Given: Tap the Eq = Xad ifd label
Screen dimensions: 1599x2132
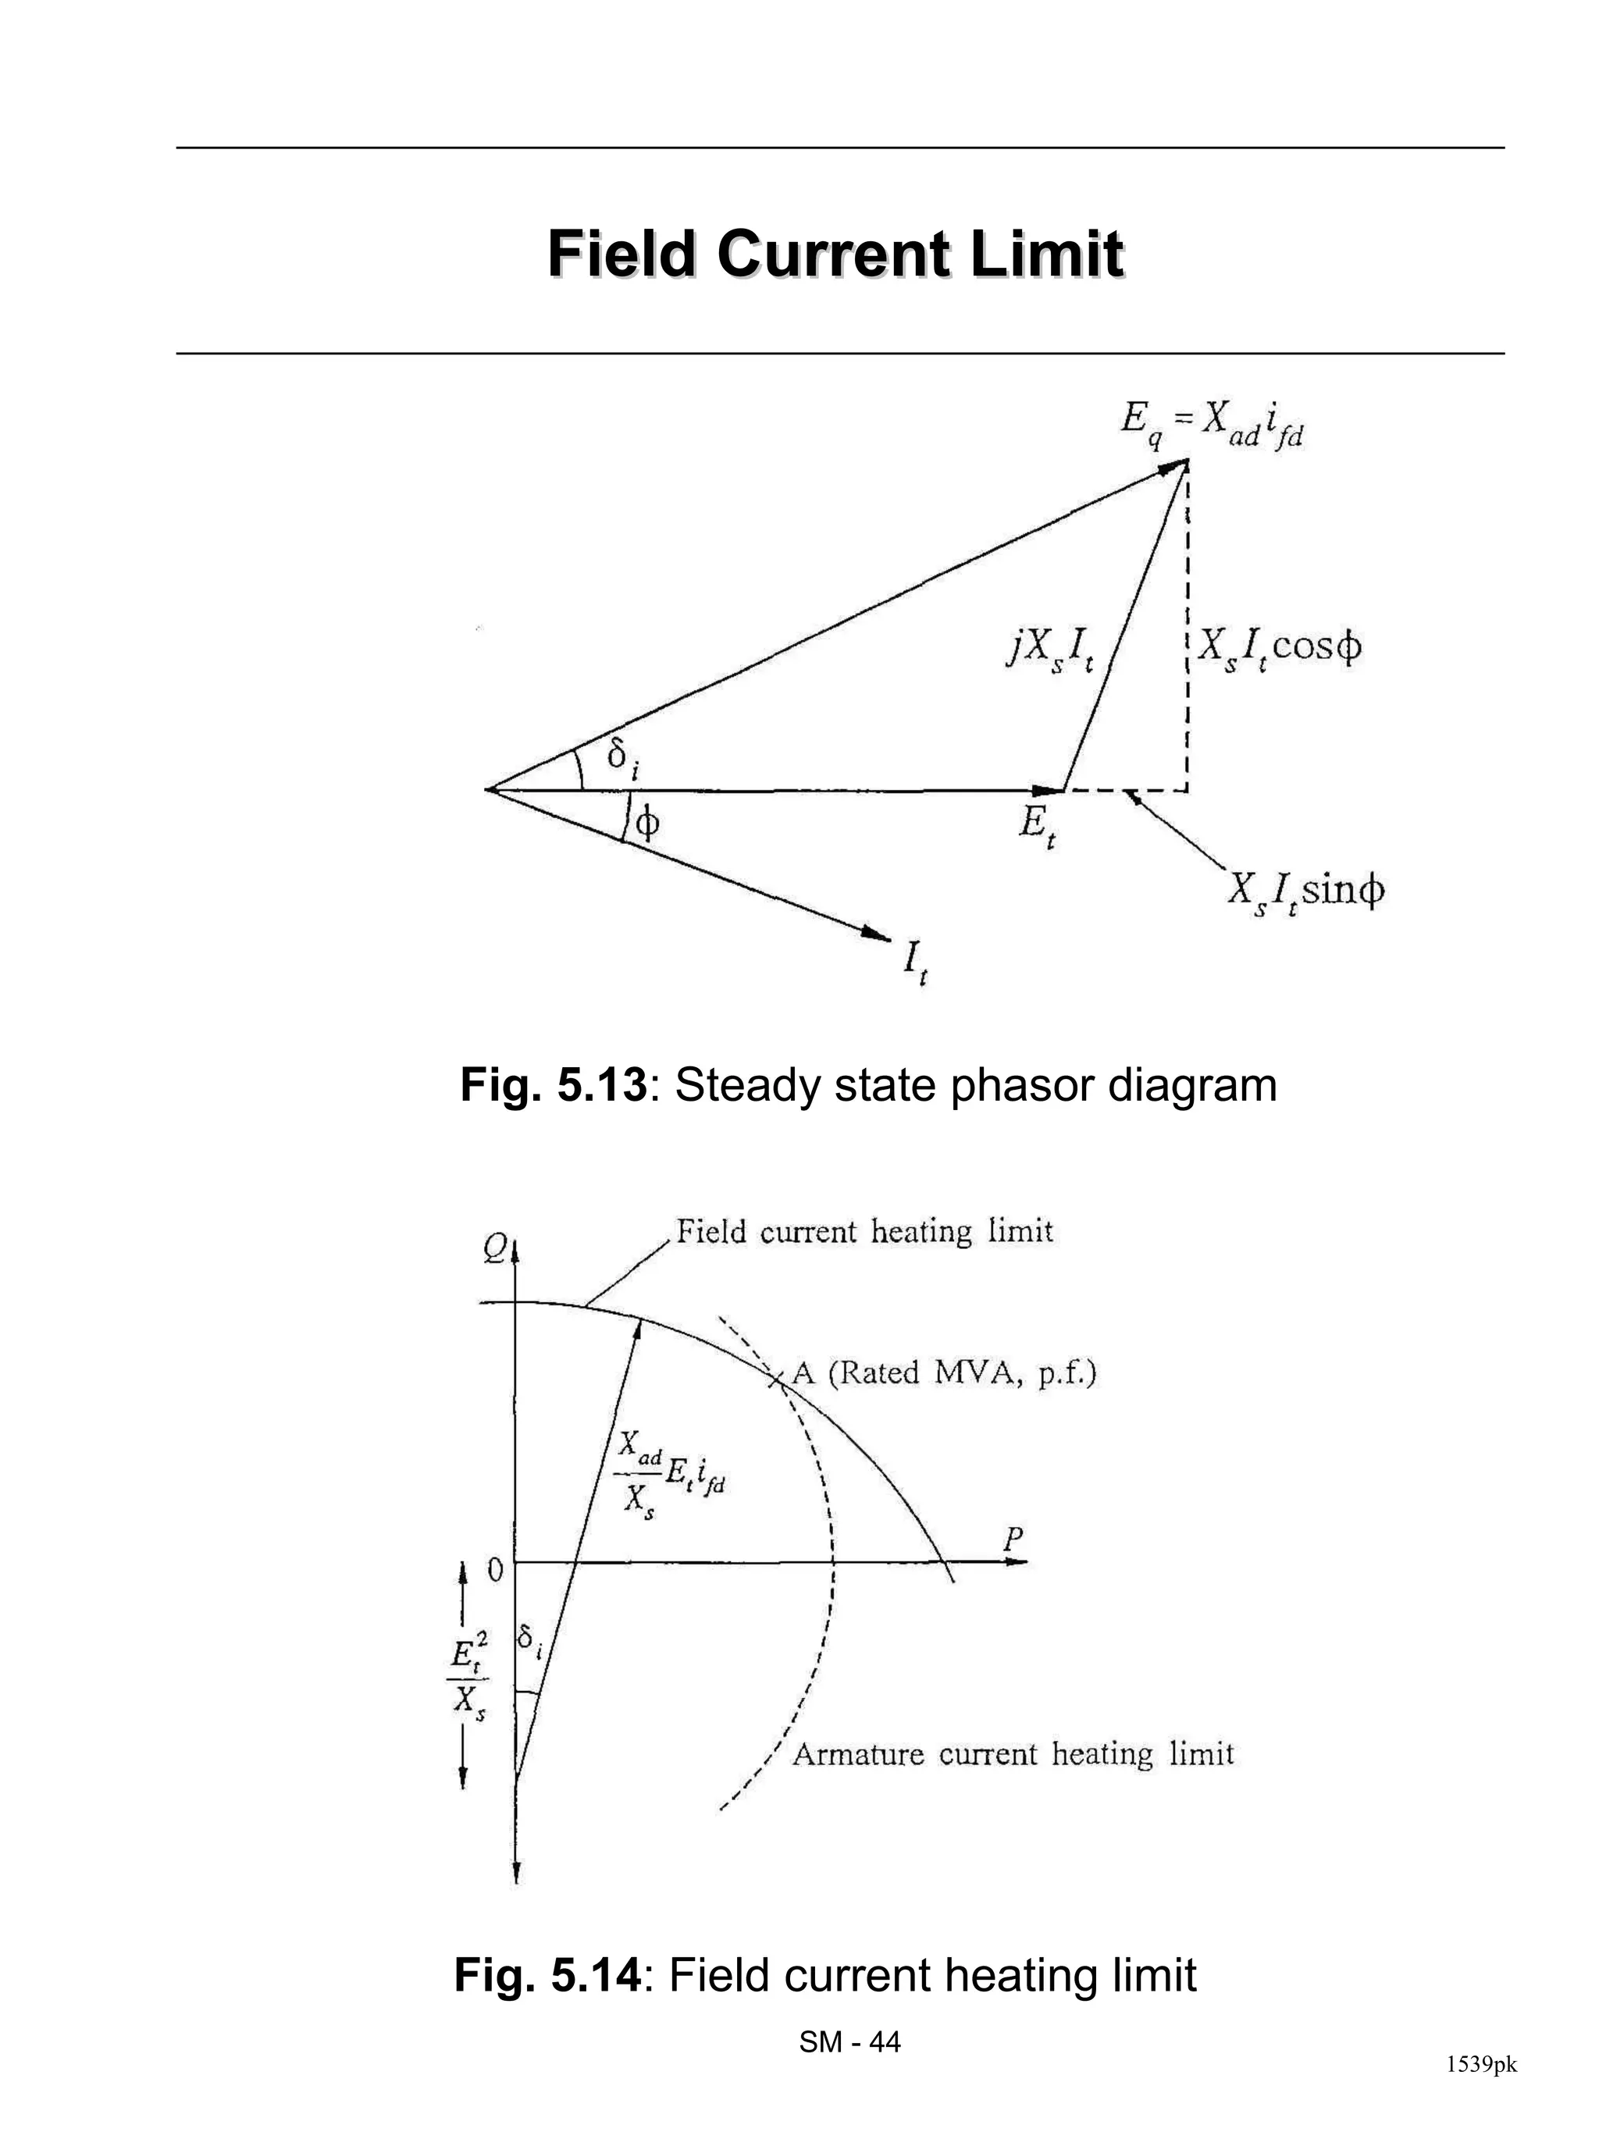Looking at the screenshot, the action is (x=1213, y=425).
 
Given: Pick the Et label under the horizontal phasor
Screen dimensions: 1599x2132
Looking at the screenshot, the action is (x=1037, y=826).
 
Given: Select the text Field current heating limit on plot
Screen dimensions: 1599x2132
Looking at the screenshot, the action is (x=864, y=1232).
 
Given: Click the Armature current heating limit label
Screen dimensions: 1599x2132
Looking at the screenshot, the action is (x=1012, y=1754).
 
